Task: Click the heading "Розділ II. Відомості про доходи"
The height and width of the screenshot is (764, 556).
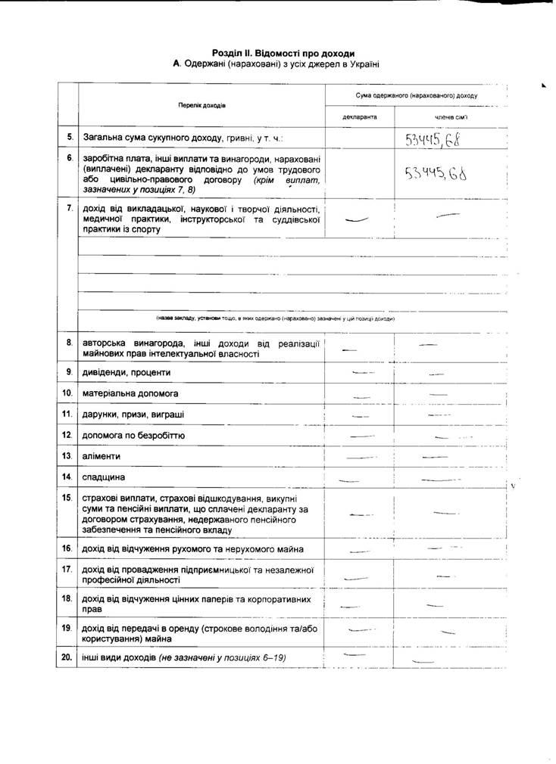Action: click(x=283, y=54)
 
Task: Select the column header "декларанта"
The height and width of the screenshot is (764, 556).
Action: click(x=359, y=117)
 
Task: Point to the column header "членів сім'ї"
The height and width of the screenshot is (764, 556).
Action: click(x=451, y=117)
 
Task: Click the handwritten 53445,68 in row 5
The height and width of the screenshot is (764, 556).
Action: click(x=433, y=139)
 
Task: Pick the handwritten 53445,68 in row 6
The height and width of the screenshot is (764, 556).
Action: click(x=435, y=175)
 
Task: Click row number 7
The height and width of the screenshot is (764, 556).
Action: click(x=69, y=207)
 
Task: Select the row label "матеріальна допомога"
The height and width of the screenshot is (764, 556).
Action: click(x=125, y=393)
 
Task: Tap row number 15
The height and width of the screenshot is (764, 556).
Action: click(x=68, y=498)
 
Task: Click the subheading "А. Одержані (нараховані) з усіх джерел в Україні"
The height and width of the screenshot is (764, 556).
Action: click(x=276, y=65)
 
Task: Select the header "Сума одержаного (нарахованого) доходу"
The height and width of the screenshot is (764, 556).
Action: click(x=417, y=96)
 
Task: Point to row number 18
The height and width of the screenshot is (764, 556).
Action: click(x=68, y=598)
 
